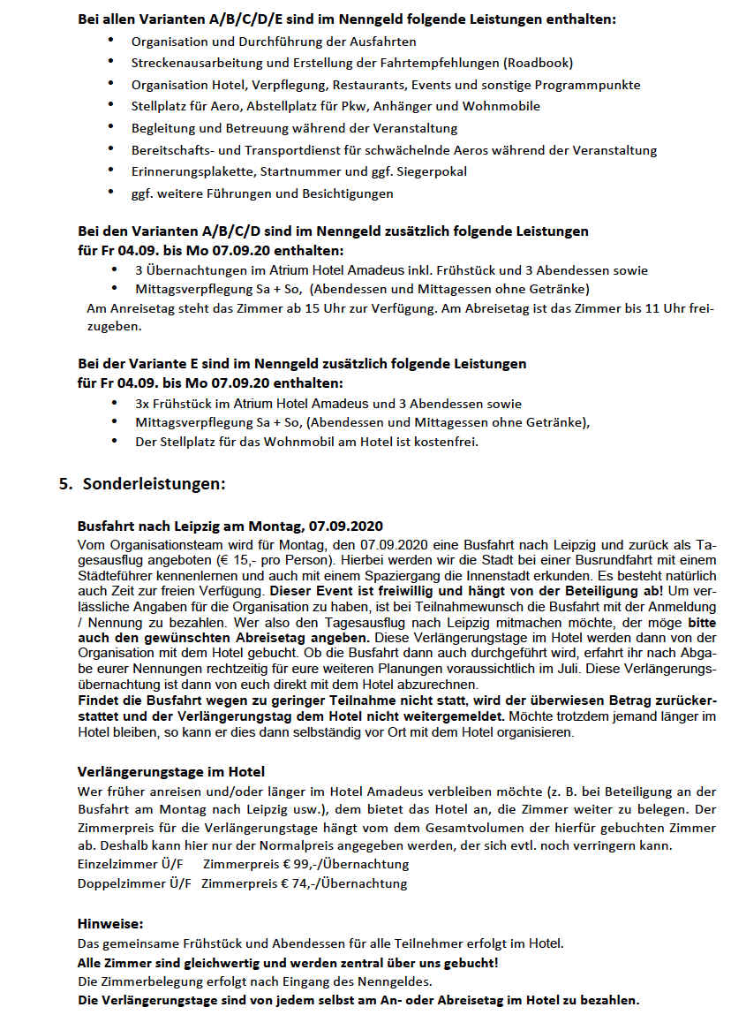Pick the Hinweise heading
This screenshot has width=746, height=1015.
point(110,923)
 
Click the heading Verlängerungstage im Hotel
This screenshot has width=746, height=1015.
point(171,771)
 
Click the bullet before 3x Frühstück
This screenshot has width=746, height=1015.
point(114,402)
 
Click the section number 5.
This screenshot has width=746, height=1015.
point(64,484)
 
